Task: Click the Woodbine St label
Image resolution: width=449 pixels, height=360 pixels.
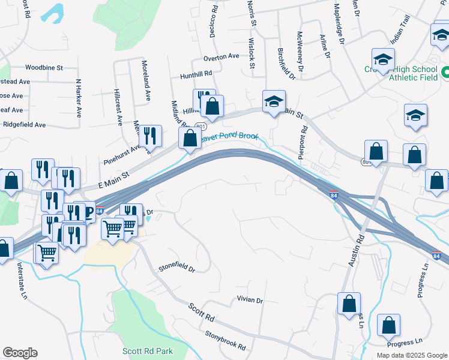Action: pyautogui.click(x=44, y=68)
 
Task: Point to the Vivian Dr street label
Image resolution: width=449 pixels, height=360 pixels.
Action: pyautogui.click(x=250, y=300)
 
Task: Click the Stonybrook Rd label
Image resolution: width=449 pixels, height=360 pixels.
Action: pyautogui.click(x=225, y=340)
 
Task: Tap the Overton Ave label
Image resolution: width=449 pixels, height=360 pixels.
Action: pyautogui.click(x=221, y=57)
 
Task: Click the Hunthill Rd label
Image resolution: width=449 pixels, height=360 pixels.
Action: pyautogui.click(x=196, y=75)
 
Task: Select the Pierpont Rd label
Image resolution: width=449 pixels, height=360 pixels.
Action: pyautogui.click(x=304, y=139)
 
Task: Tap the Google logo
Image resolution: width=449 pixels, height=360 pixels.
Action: pyautogui.click(x=20, y=353)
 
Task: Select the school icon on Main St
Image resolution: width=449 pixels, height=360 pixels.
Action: pyautogui.click(x=274, y=101)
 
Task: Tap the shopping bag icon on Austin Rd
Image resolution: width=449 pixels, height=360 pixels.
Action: pyautogui.click(x=349, y=304)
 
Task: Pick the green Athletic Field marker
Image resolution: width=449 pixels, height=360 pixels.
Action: pyautogui.click(x=445, y=73)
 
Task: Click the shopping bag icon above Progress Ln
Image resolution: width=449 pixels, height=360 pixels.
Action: pyautogui.click(x=388, y=325)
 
